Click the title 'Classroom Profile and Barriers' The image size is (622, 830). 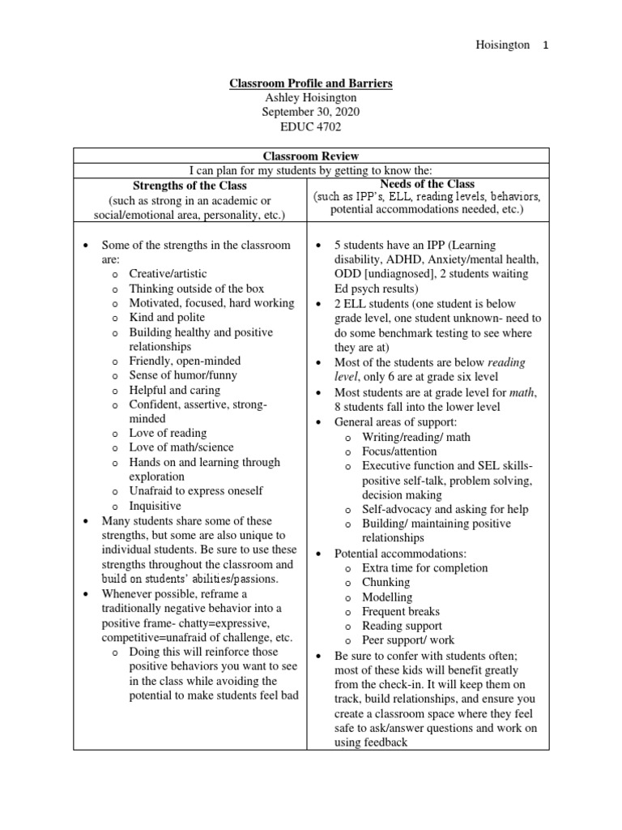point(311,83)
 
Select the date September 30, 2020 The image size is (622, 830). point(311,112)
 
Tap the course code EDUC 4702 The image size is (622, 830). point(311,126)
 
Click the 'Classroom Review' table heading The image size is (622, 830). point(311,156)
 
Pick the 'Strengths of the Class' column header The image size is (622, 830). point(190,186)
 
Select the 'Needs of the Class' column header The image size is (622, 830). point(427,184)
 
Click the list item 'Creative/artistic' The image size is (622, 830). point(168,274)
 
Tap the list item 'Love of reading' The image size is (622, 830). point(168,433)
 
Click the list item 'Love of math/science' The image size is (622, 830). point(181,447)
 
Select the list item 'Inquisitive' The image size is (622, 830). point(156,505)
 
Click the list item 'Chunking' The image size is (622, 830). point(386,582)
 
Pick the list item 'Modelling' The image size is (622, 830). point(387,597)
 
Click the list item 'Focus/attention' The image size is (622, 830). point(399,451)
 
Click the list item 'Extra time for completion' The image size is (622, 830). point(424,567)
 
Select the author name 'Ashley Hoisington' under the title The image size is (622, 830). point(311,98)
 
